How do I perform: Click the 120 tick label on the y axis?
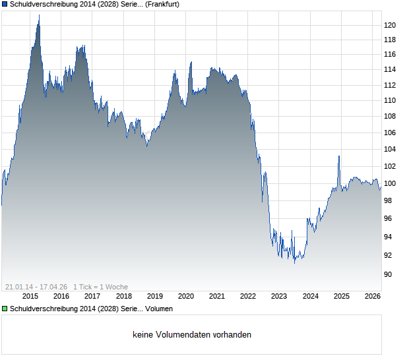pos(390,25)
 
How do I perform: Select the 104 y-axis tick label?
pos(390,150)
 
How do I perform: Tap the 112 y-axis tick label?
pos(390,85)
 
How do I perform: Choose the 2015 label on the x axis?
pos(30,297)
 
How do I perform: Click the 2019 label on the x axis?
pos(154,297)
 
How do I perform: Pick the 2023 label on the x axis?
pos(279,297)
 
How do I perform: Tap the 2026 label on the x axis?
pos(372,297)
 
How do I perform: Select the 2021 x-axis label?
pos(217,297)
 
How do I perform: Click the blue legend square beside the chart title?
pos(5,4)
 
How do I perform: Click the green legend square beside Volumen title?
pos(5,309)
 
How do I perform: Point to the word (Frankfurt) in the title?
pos(162,4)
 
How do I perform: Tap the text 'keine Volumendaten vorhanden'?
pos(192,335)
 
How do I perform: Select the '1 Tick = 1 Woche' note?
pos(101,287)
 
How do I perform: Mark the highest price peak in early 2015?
pos(39,15)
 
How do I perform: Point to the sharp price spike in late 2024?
pos(339,156)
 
